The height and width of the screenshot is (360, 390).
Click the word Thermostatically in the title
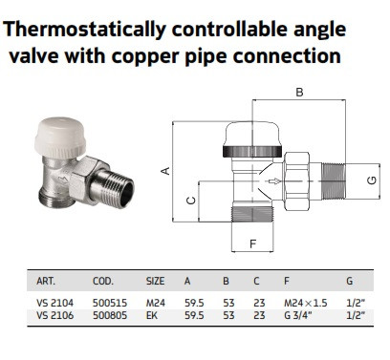(84, 30)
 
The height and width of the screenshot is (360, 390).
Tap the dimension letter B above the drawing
(299, 92)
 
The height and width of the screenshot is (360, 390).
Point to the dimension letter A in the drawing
(165, 171)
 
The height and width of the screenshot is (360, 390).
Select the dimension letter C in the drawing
(191, 201)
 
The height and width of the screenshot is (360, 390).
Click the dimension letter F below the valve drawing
(252, 244)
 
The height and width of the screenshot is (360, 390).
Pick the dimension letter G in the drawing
(372, 180)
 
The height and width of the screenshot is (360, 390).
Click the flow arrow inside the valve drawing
(274, 181)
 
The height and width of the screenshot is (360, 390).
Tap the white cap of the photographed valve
(60, 135)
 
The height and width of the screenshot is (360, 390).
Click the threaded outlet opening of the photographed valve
(127, 194)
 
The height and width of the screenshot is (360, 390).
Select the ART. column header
(46, 281)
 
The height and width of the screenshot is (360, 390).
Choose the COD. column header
(103, 281)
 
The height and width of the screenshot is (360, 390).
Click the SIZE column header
(155, 281)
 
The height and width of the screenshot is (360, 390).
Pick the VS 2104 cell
(54, 303)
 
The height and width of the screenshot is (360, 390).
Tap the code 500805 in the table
(110, 315)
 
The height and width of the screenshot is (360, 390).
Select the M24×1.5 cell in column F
(306, 303)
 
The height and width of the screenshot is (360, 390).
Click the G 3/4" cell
(298, 315)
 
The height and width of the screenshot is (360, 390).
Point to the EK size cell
(152, 315)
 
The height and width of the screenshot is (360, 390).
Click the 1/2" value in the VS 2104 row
(356, 303)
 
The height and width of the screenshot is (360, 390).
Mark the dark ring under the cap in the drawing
(252, 151)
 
